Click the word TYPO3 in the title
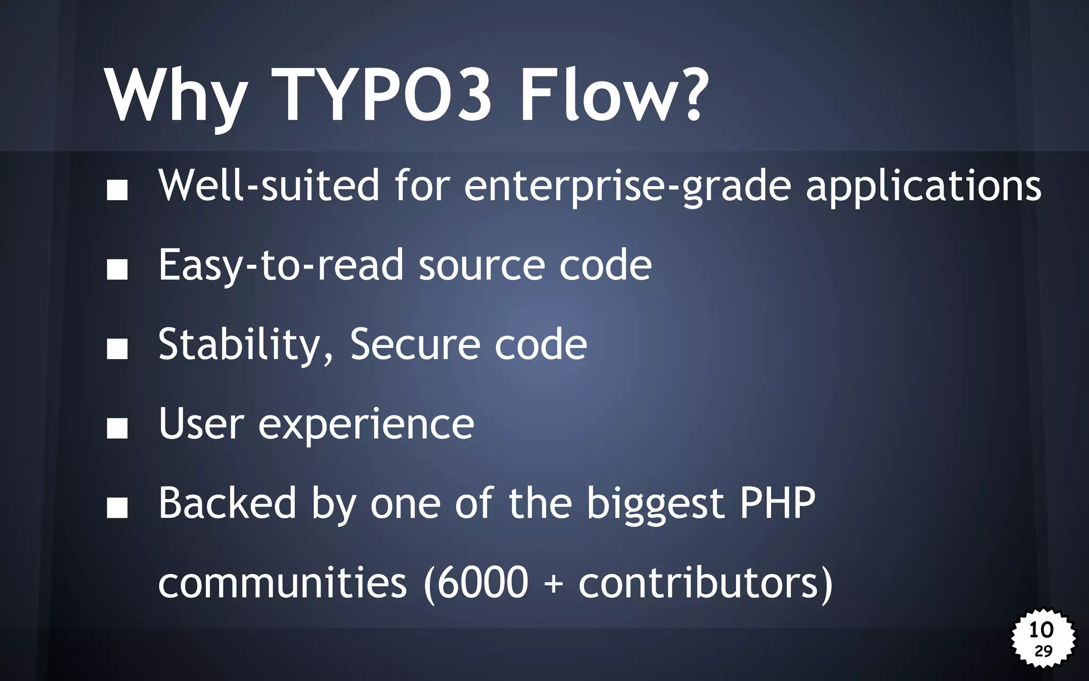[381, 96]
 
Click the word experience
[366, 425]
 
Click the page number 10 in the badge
[1041, 630]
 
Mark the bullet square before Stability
[117, 349]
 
